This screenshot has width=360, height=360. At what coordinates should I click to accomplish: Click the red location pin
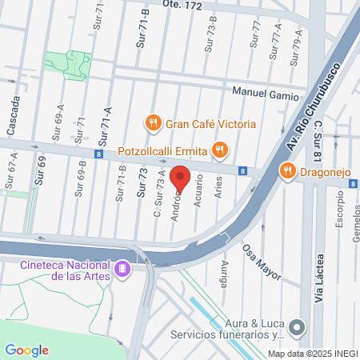tap(180, 179)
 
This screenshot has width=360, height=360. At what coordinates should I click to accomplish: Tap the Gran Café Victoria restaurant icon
tap(152, 123)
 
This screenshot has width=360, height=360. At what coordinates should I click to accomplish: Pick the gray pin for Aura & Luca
tap(297, 326)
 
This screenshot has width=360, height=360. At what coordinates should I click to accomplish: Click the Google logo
tap(26, 350)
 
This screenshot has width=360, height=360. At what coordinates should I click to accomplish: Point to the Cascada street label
tap(14, 116)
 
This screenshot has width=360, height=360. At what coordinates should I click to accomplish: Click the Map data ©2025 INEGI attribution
tap(312, 354)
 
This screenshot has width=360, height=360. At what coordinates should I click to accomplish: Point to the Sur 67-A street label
tap(12, 171)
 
